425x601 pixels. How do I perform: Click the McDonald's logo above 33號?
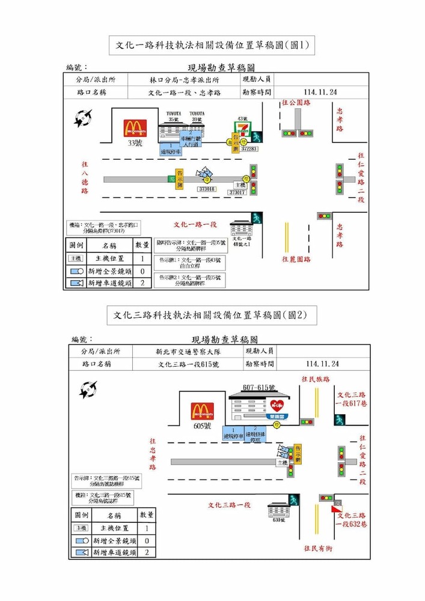[135, 128]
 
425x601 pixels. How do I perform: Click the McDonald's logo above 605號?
[203, 411]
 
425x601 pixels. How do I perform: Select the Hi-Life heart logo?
[277, 406]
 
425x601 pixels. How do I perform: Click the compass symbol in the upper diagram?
[84, 117]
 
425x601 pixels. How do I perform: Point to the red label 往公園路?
[296, 103]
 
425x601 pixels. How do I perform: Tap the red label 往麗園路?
[296, 259]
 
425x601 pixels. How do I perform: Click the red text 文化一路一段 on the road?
[195, 224]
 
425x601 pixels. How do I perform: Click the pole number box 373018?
[207, 189]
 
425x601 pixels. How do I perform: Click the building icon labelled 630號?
[278, 511]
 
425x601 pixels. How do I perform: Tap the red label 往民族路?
[316, 379]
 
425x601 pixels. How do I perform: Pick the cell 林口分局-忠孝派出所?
[185, 79]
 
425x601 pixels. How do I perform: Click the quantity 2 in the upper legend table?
[142, 282]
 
